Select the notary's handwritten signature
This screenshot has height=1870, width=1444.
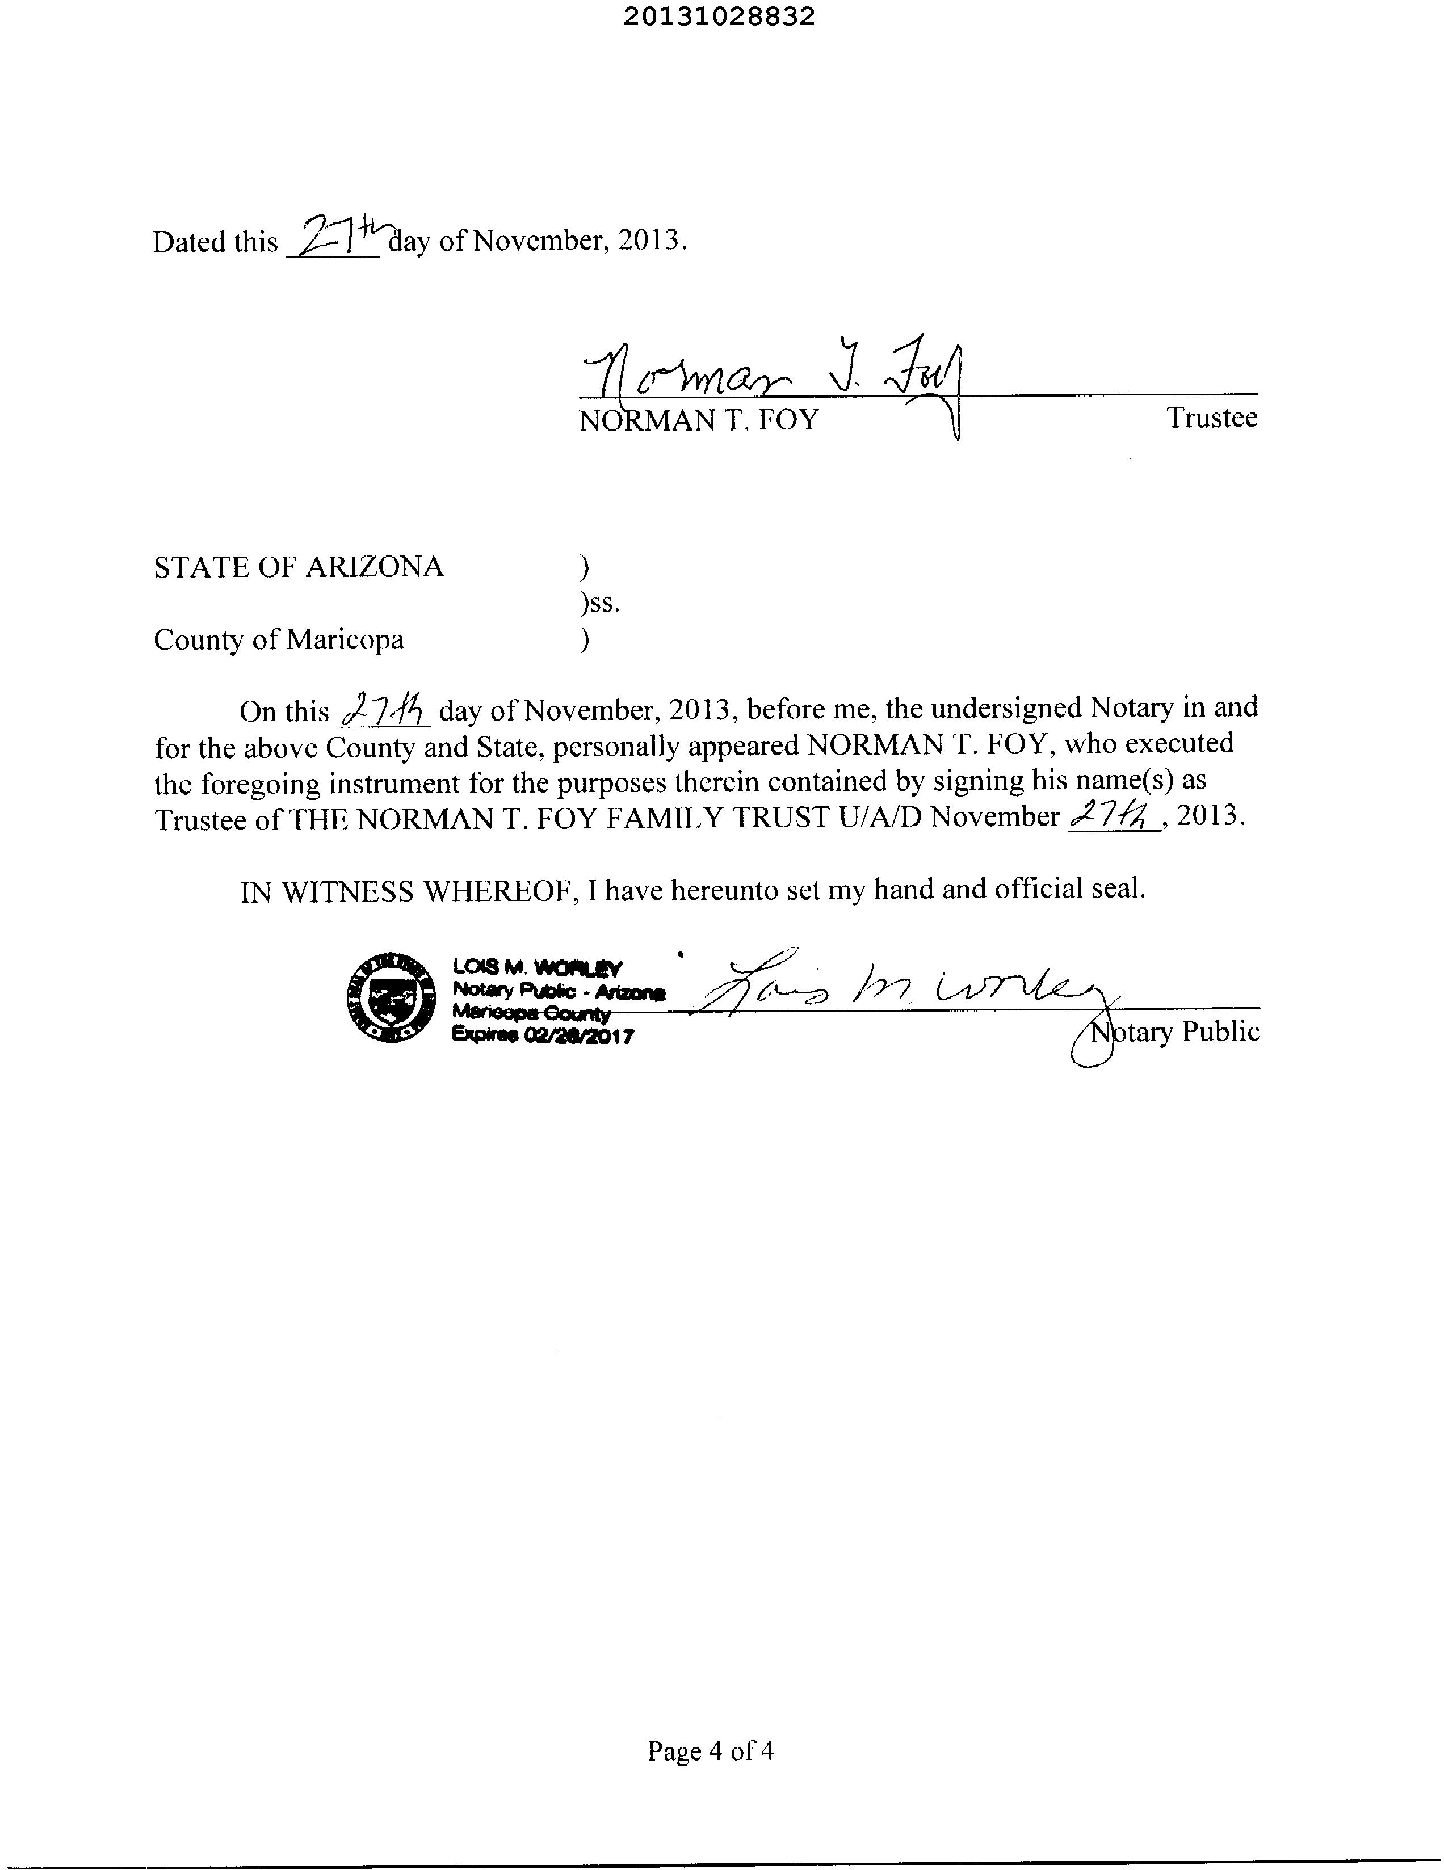(x=899, y=989)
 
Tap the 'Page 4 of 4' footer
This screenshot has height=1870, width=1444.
(x=710, y=1751)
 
